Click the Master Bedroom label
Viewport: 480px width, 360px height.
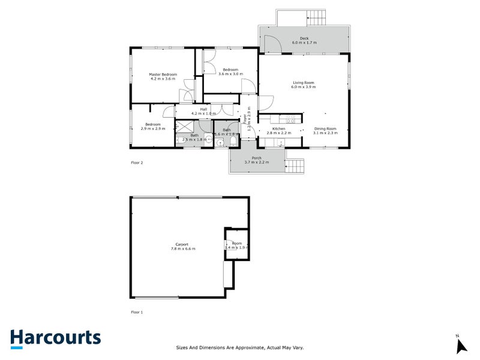pos(162,74)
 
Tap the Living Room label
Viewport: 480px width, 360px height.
pos(303,83)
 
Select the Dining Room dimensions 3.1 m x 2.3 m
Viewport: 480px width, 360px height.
pos(325,133)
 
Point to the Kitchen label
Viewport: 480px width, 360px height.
pos(278,128)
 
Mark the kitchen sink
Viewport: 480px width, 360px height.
pos(278,142)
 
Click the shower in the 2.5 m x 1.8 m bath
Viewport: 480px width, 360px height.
pos(183,127)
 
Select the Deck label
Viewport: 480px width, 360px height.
pos(304,39)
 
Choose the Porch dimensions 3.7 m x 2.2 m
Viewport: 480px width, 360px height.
pos(257,163)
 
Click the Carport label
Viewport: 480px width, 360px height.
pos(182,244)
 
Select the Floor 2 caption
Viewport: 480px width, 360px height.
pos(137,163)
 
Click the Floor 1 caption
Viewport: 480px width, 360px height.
pos(137,312)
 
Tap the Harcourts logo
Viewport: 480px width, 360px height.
pos(56,338)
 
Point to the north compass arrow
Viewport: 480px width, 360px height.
pos(461,346)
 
